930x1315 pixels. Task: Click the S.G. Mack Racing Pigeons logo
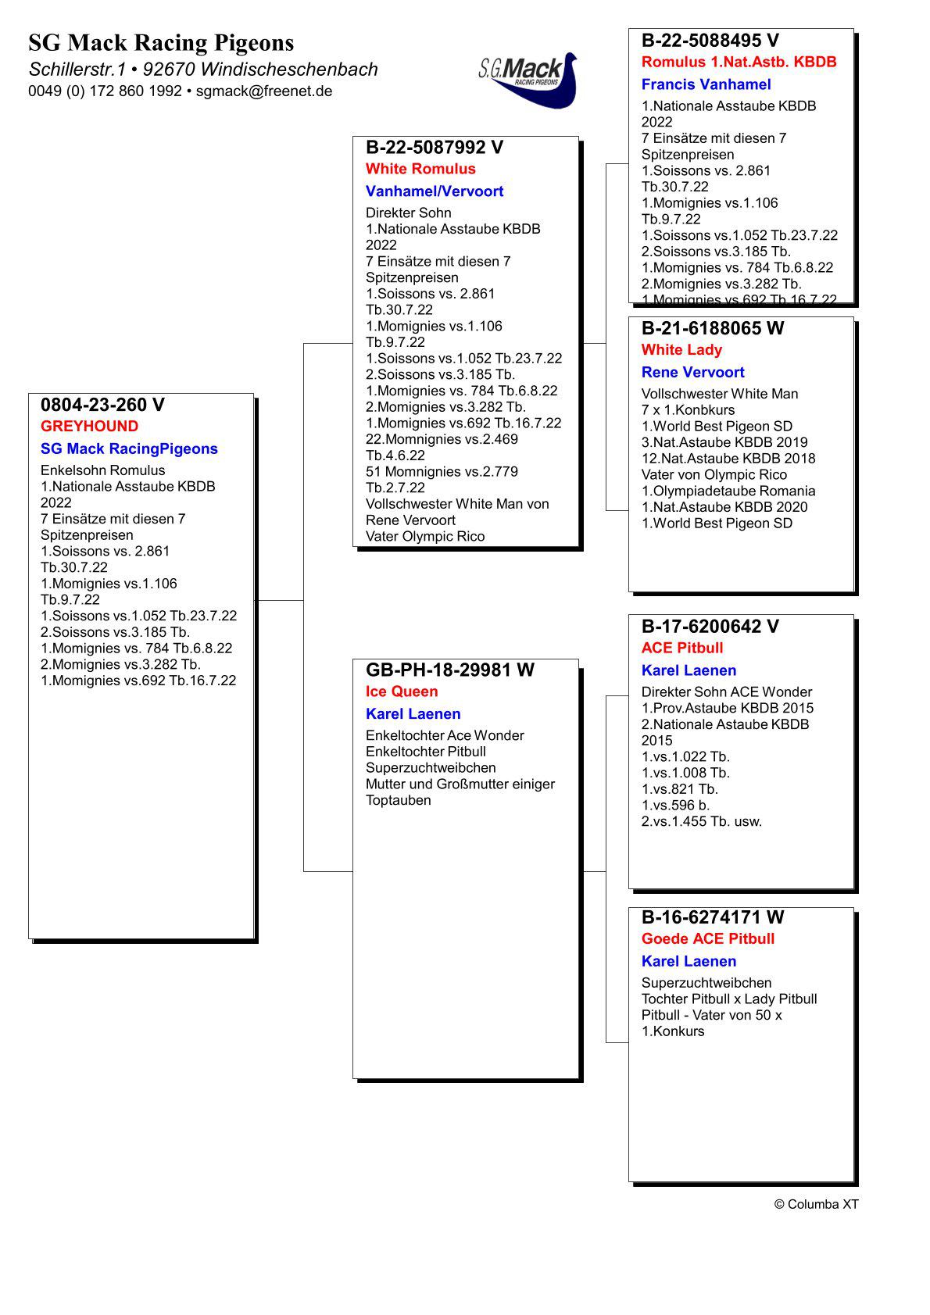click(528, 78)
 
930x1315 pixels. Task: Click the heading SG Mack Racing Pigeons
click(161, 42)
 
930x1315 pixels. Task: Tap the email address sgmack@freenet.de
click(264, 91)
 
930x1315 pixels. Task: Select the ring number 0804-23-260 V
click(102, 405)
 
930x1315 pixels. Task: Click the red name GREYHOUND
click(89, 427)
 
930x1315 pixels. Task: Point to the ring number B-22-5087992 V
click(435, 148)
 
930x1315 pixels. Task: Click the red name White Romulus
click(420, 169)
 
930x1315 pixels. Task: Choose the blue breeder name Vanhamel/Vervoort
click(435, 191)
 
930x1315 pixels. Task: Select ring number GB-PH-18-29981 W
click(450, 670)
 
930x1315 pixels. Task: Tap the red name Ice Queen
click(402, 691)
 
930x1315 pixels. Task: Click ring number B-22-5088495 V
click(710, 41)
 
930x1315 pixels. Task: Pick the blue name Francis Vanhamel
click(706, 84)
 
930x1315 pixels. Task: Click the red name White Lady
click(681, 350)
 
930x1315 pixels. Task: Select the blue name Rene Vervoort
click(692, 373)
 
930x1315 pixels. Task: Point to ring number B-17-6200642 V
click(710, 627)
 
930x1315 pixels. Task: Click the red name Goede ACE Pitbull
click(708, 939)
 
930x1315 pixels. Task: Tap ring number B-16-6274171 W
click(712, 917)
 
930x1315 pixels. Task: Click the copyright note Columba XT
click(816, 1204)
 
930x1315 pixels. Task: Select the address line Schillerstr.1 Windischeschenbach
click(203, 70)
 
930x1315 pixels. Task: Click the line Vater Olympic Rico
click(425, 537)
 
